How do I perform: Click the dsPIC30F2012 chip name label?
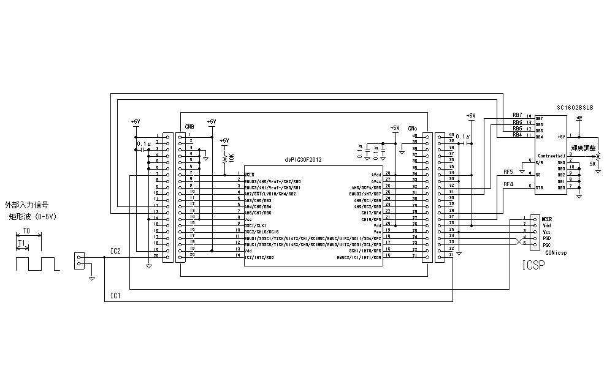[x=303, y=159]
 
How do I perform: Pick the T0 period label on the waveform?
[x=26, y=231]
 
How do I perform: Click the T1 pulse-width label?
[x=21, y=243]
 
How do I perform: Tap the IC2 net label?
[x=115, y=251]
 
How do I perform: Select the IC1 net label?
[x=115, y=296]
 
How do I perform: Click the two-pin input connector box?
[x=78, y=260]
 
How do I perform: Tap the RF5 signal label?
[x=508, y=172]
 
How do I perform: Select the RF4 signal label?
[x=508, y=184]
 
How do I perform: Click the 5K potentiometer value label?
[x=592, y=164]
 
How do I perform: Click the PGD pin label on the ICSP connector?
[x=546, y=239]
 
